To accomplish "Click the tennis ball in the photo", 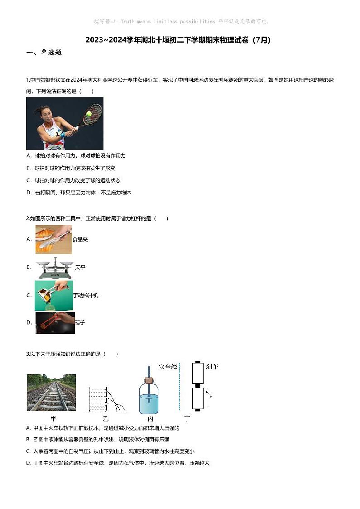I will tap(89, 114).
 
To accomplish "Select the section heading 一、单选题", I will tap(44, 53).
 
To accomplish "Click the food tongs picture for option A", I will tap(54, 239).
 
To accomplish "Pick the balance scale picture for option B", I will tap(54, 267).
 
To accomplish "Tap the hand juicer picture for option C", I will tap(54, 295).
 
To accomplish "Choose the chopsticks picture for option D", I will tap(55, 323).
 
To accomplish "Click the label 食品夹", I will tap(80, 239).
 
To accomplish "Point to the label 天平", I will tap(80, 267).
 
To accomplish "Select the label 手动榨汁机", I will tap(85, 296).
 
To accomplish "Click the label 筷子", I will tap(80, 323).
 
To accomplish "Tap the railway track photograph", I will tap(51, 393).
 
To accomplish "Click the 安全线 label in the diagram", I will tap(168, 366).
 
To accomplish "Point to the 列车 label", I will tap(212, 366).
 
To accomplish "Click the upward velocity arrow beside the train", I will tap(207, 397).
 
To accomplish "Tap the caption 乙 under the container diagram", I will tap(106, 418).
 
